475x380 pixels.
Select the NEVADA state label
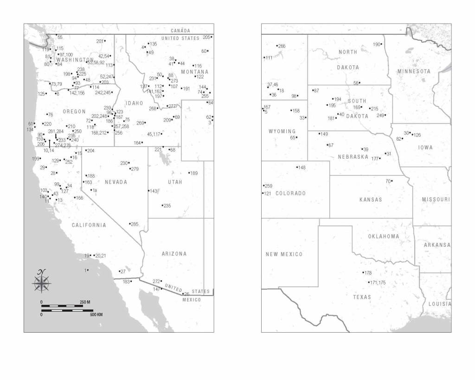tap(116, 182)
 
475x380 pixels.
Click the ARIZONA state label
tap(174, 254)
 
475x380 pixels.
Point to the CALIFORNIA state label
tap(89, 225)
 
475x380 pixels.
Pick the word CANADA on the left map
tap(180, 30)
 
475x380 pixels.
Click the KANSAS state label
tap(371, 200)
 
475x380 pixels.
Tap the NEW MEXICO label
tap(284, 254)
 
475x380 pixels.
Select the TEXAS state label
tap(362, 297)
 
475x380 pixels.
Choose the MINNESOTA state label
tap(414, 71)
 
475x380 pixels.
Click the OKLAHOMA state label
tap(384, 236)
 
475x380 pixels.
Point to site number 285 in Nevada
tap(134, 224)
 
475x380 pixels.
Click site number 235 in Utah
tap(167, 206)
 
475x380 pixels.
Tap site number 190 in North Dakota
tap(377, 45)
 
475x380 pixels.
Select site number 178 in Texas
tap(367, 273)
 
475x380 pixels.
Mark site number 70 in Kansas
tap(388, 181)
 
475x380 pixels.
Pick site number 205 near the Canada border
tap(207, 37)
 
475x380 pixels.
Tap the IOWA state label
tap(425, 148)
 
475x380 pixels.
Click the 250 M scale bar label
tap(84, 302)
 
